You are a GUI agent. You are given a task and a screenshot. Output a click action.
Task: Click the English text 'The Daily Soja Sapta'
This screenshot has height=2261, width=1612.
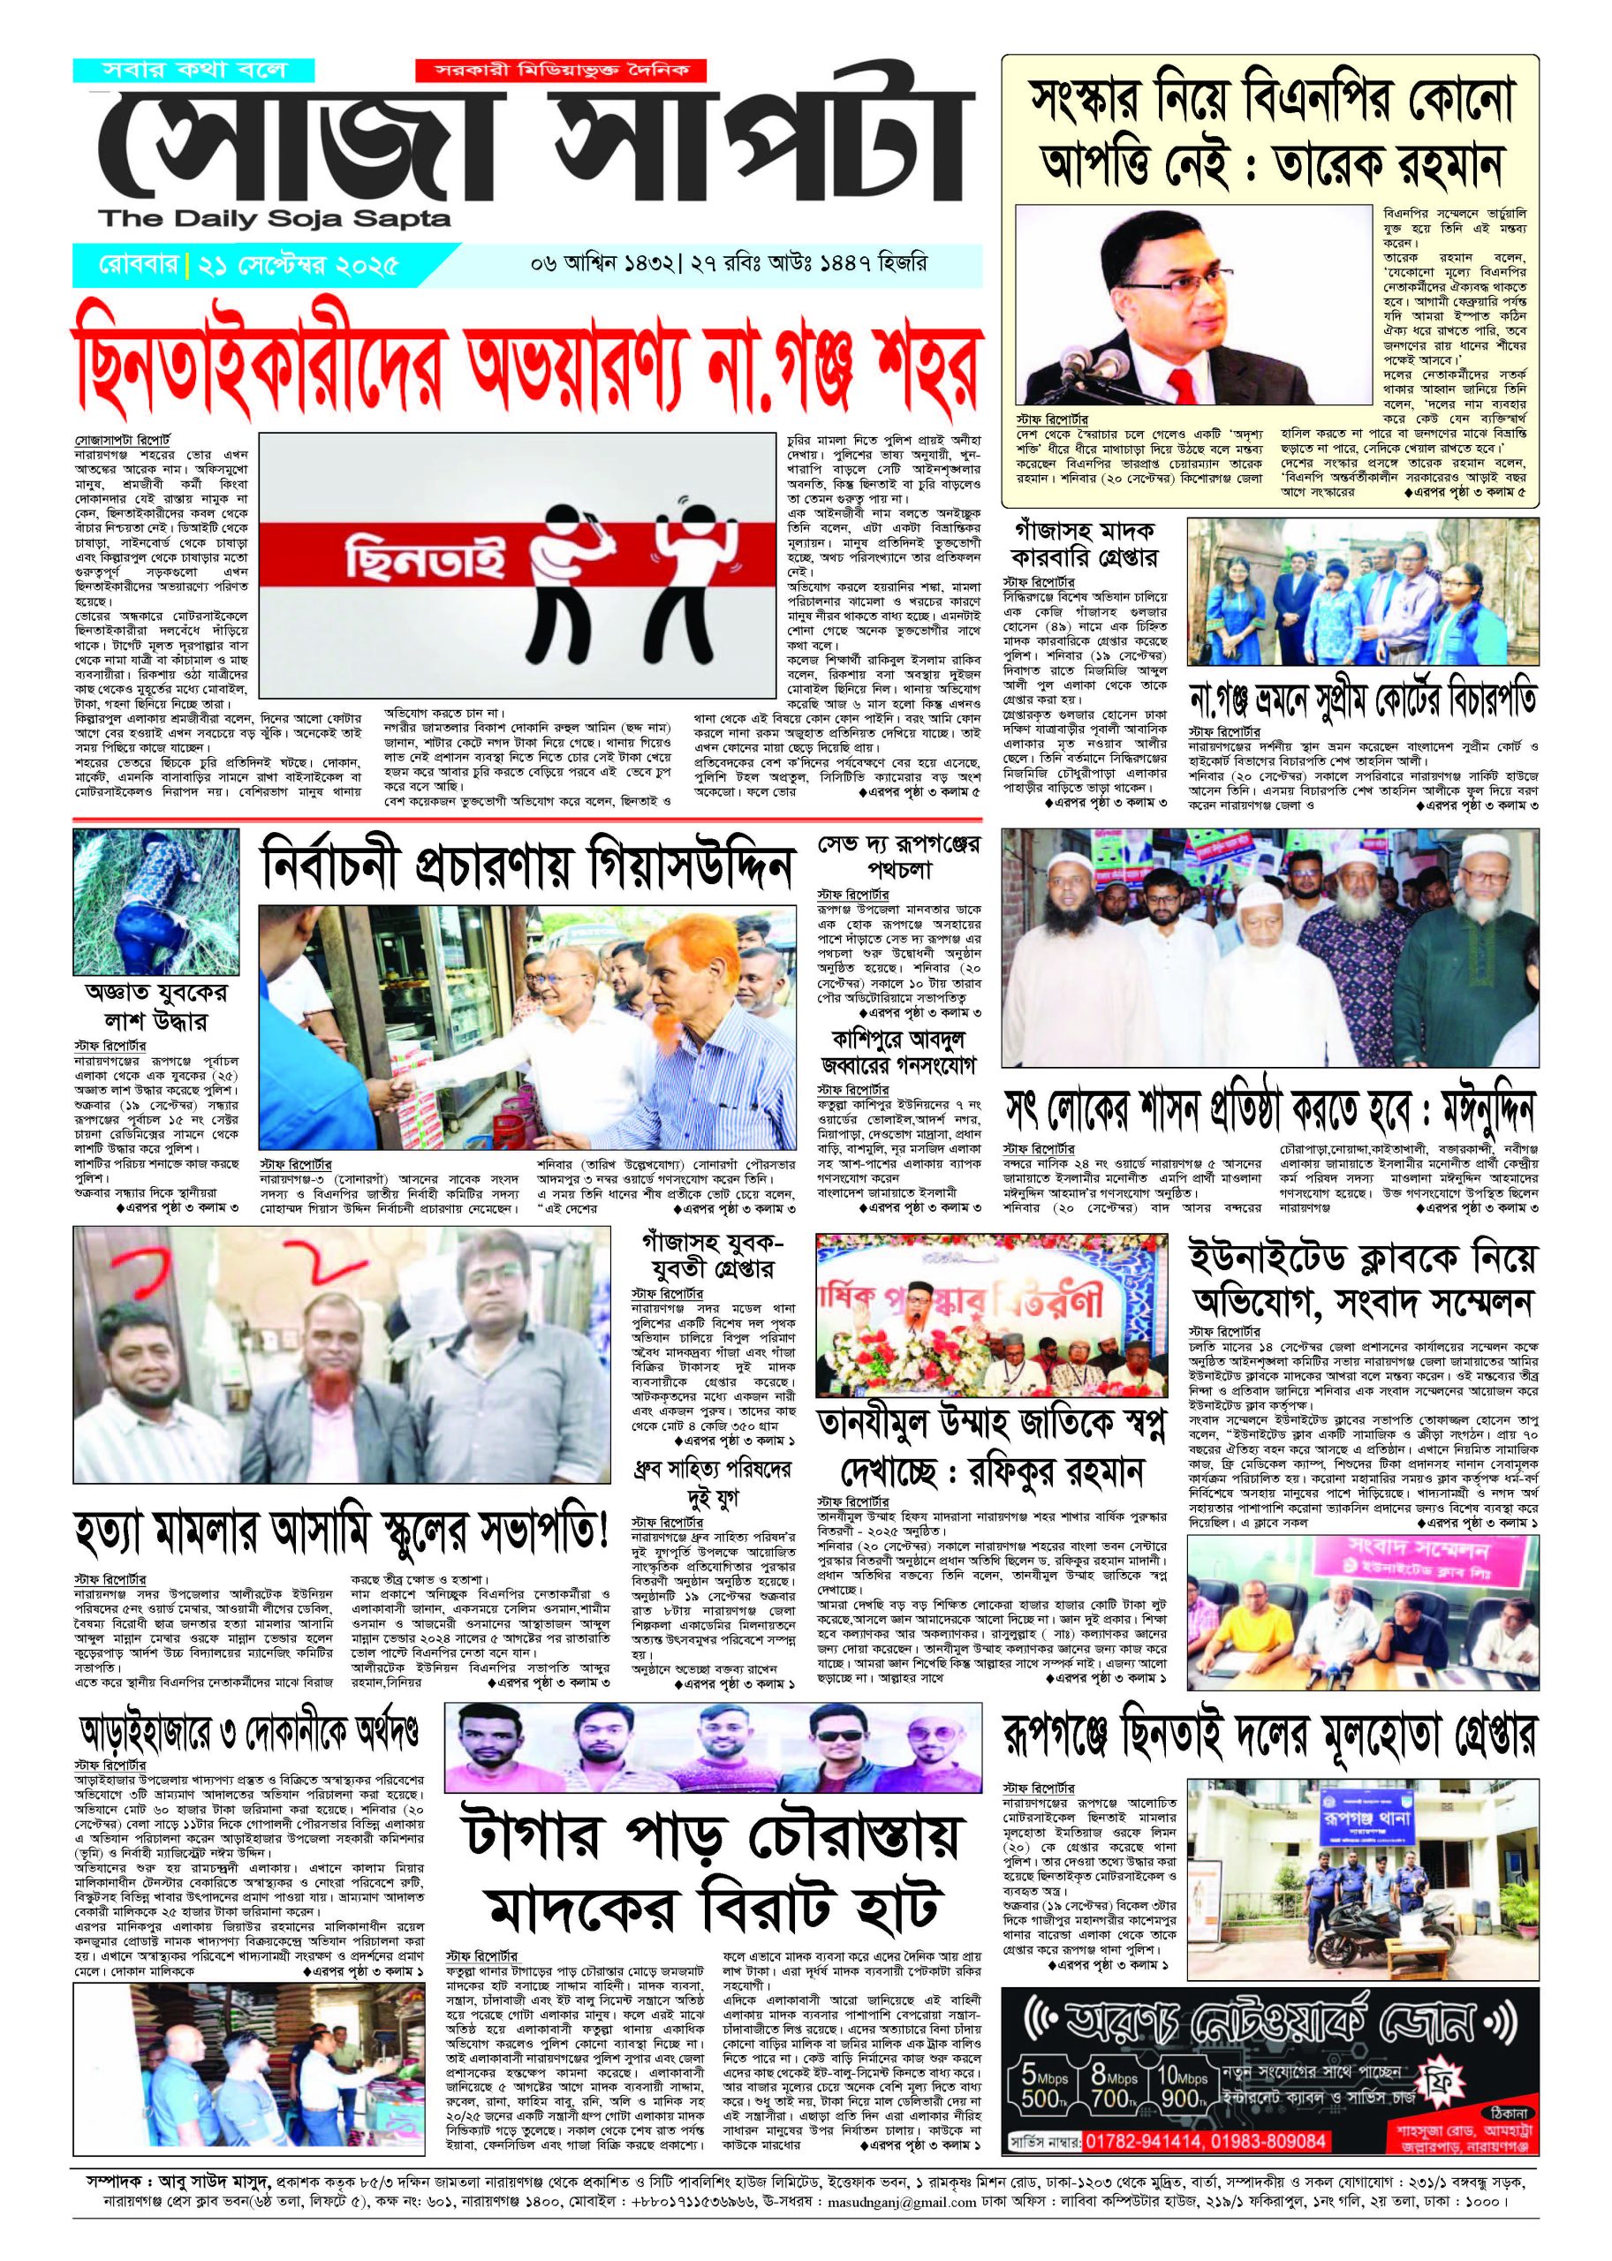pos(274,219)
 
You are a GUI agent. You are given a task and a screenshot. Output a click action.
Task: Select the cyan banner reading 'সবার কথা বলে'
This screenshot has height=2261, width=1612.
pos(193,71)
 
